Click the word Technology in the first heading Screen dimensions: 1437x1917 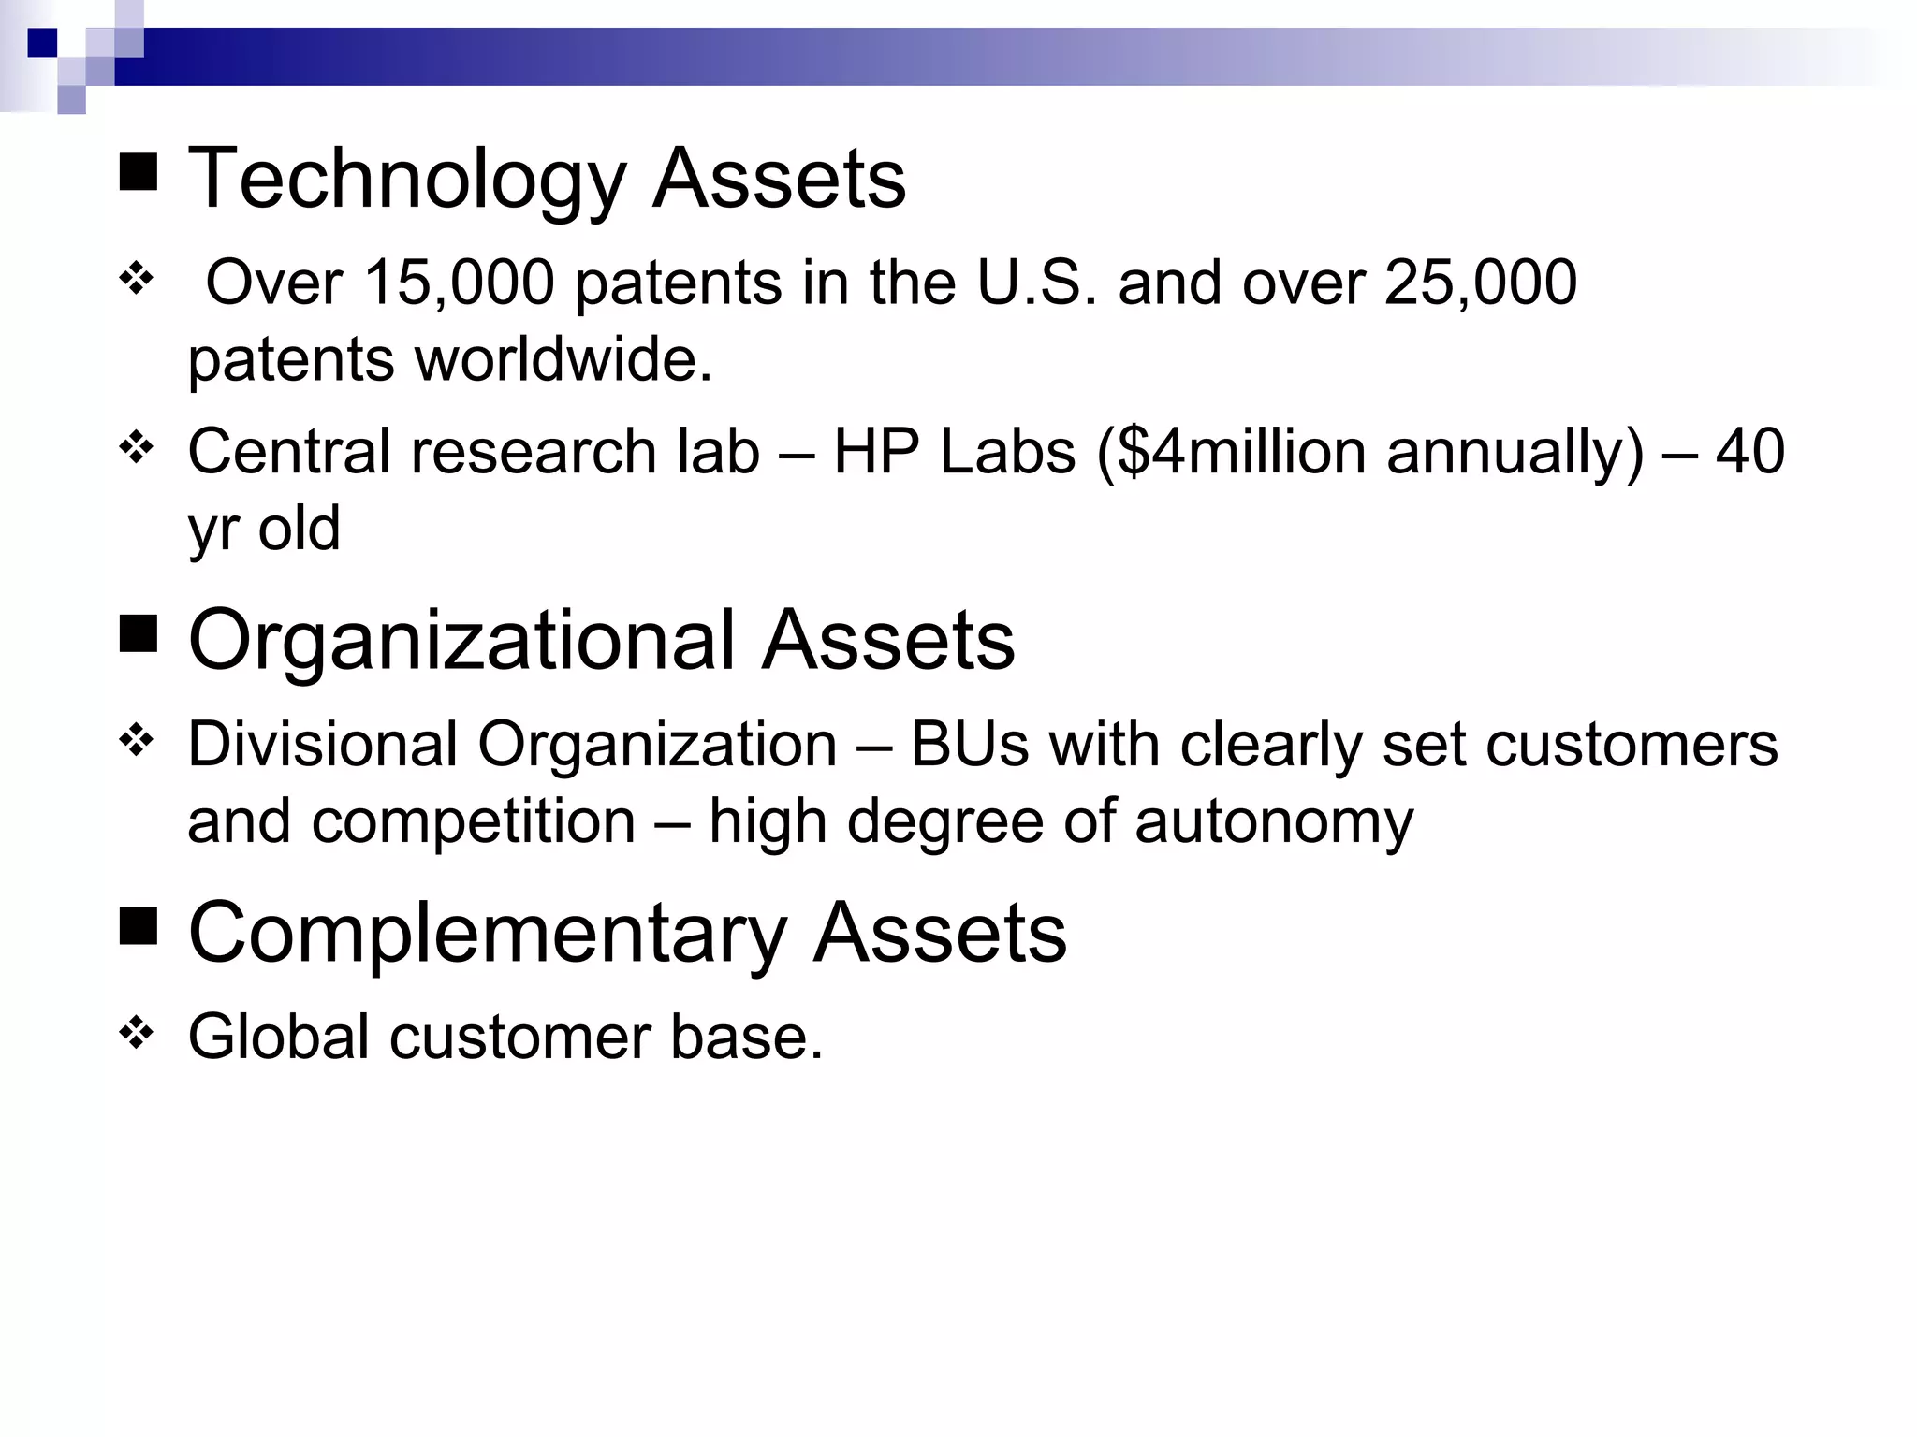pos(406,180)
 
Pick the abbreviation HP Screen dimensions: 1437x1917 pos(876,453)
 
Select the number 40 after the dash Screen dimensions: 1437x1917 pos(1749,453)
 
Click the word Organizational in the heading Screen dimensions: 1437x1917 pos(462,641)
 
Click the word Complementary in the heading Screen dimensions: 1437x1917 pos(487,934)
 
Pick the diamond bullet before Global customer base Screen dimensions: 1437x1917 pos(137,1033)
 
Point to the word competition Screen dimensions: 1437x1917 pos(474,822)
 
